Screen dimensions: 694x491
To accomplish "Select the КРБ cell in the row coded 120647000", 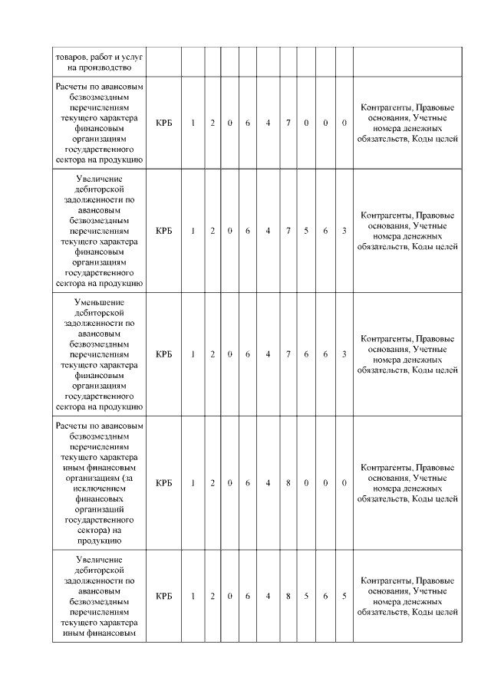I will (163, 123).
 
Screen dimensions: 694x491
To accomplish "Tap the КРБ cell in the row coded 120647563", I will (163, 231).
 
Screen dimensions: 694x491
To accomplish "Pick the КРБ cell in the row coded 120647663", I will (163, 354).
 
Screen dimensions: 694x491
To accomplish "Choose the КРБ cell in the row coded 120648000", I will (163, 483).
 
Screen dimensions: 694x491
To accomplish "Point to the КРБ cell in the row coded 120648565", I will (163, 596).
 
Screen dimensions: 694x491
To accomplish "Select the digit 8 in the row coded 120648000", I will (288, 483).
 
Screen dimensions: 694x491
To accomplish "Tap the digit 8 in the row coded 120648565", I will (288, 596).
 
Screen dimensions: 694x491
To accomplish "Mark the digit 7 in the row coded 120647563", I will (288, 231).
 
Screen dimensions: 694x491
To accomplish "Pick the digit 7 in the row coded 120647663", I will (288, 354).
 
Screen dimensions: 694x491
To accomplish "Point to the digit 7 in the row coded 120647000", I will (288, 123).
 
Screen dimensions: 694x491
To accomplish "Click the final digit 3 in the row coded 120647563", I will (344, 231).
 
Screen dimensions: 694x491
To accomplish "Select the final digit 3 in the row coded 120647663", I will (344, 354).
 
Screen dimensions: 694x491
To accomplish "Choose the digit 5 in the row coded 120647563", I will (306, 231).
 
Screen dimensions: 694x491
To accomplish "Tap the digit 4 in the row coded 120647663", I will (268, 354).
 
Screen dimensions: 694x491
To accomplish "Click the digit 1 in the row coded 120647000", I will (193, 123).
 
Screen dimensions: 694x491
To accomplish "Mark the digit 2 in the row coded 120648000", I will (213, 483).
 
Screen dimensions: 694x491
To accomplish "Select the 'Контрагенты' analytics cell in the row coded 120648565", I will (407, 596).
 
